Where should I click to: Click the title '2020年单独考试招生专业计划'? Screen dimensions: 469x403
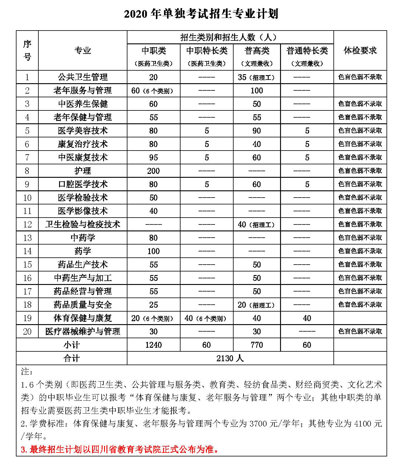[x=201, y=14]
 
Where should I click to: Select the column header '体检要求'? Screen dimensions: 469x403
[x=360, y=51]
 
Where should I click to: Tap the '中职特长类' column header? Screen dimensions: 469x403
[x=207, y=51]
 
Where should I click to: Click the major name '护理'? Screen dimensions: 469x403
[x=83, y=171]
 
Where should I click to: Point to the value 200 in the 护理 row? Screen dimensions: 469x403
[x=154, y=171]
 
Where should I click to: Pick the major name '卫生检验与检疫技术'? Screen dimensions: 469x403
[x=83, y=224]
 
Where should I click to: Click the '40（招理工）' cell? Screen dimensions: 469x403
[x=256, y=224]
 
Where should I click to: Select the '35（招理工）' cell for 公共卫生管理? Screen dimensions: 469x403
[x=256, y=77]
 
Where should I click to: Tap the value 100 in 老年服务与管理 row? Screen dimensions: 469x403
[x=257, y=91]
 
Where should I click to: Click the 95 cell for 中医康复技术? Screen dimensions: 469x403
[x=154, y=157]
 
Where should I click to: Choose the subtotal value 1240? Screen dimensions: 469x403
[x=154, y=345]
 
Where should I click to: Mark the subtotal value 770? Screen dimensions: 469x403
[x=257, y=345]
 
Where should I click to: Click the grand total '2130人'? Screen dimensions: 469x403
[x=230, y=358]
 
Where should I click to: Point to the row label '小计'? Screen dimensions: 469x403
[x=72, y=345]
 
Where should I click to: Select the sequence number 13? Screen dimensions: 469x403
[x=27, y=238]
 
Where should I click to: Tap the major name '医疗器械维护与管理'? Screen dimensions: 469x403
[x=83, y=332]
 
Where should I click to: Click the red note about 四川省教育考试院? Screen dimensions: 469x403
[x=120, y=449]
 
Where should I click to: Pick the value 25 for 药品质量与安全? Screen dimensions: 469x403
[x=154, y=305]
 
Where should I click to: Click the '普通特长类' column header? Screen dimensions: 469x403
[x=307, y=51]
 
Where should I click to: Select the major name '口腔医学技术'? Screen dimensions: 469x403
[x=83, y=184]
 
